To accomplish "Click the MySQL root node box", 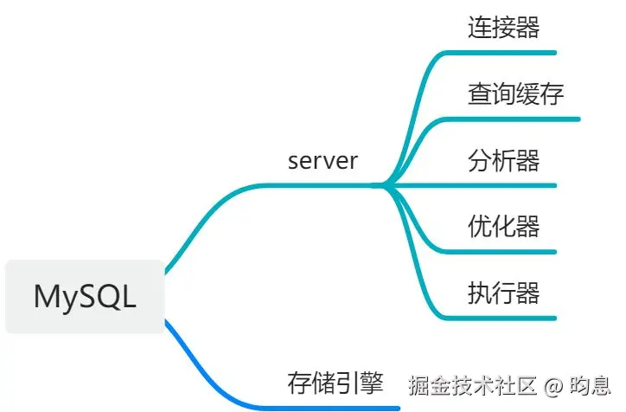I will coord(85,297).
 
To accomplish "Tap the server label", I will coord(323,161).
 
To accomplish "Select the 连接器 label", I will coord(503,28).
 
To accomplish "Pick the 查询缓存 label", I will coord(515,93).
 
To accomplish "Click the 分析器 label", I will coord(503,160).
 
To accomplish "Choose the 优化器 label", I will coord(503,227).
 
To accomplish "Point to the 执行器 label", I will coord(503,293).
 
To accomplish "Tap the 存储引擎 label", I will coord(335,383).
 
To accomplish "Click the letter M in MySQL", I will coord(45,297).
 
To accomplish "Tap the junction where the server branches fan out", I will coord(383,184).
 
